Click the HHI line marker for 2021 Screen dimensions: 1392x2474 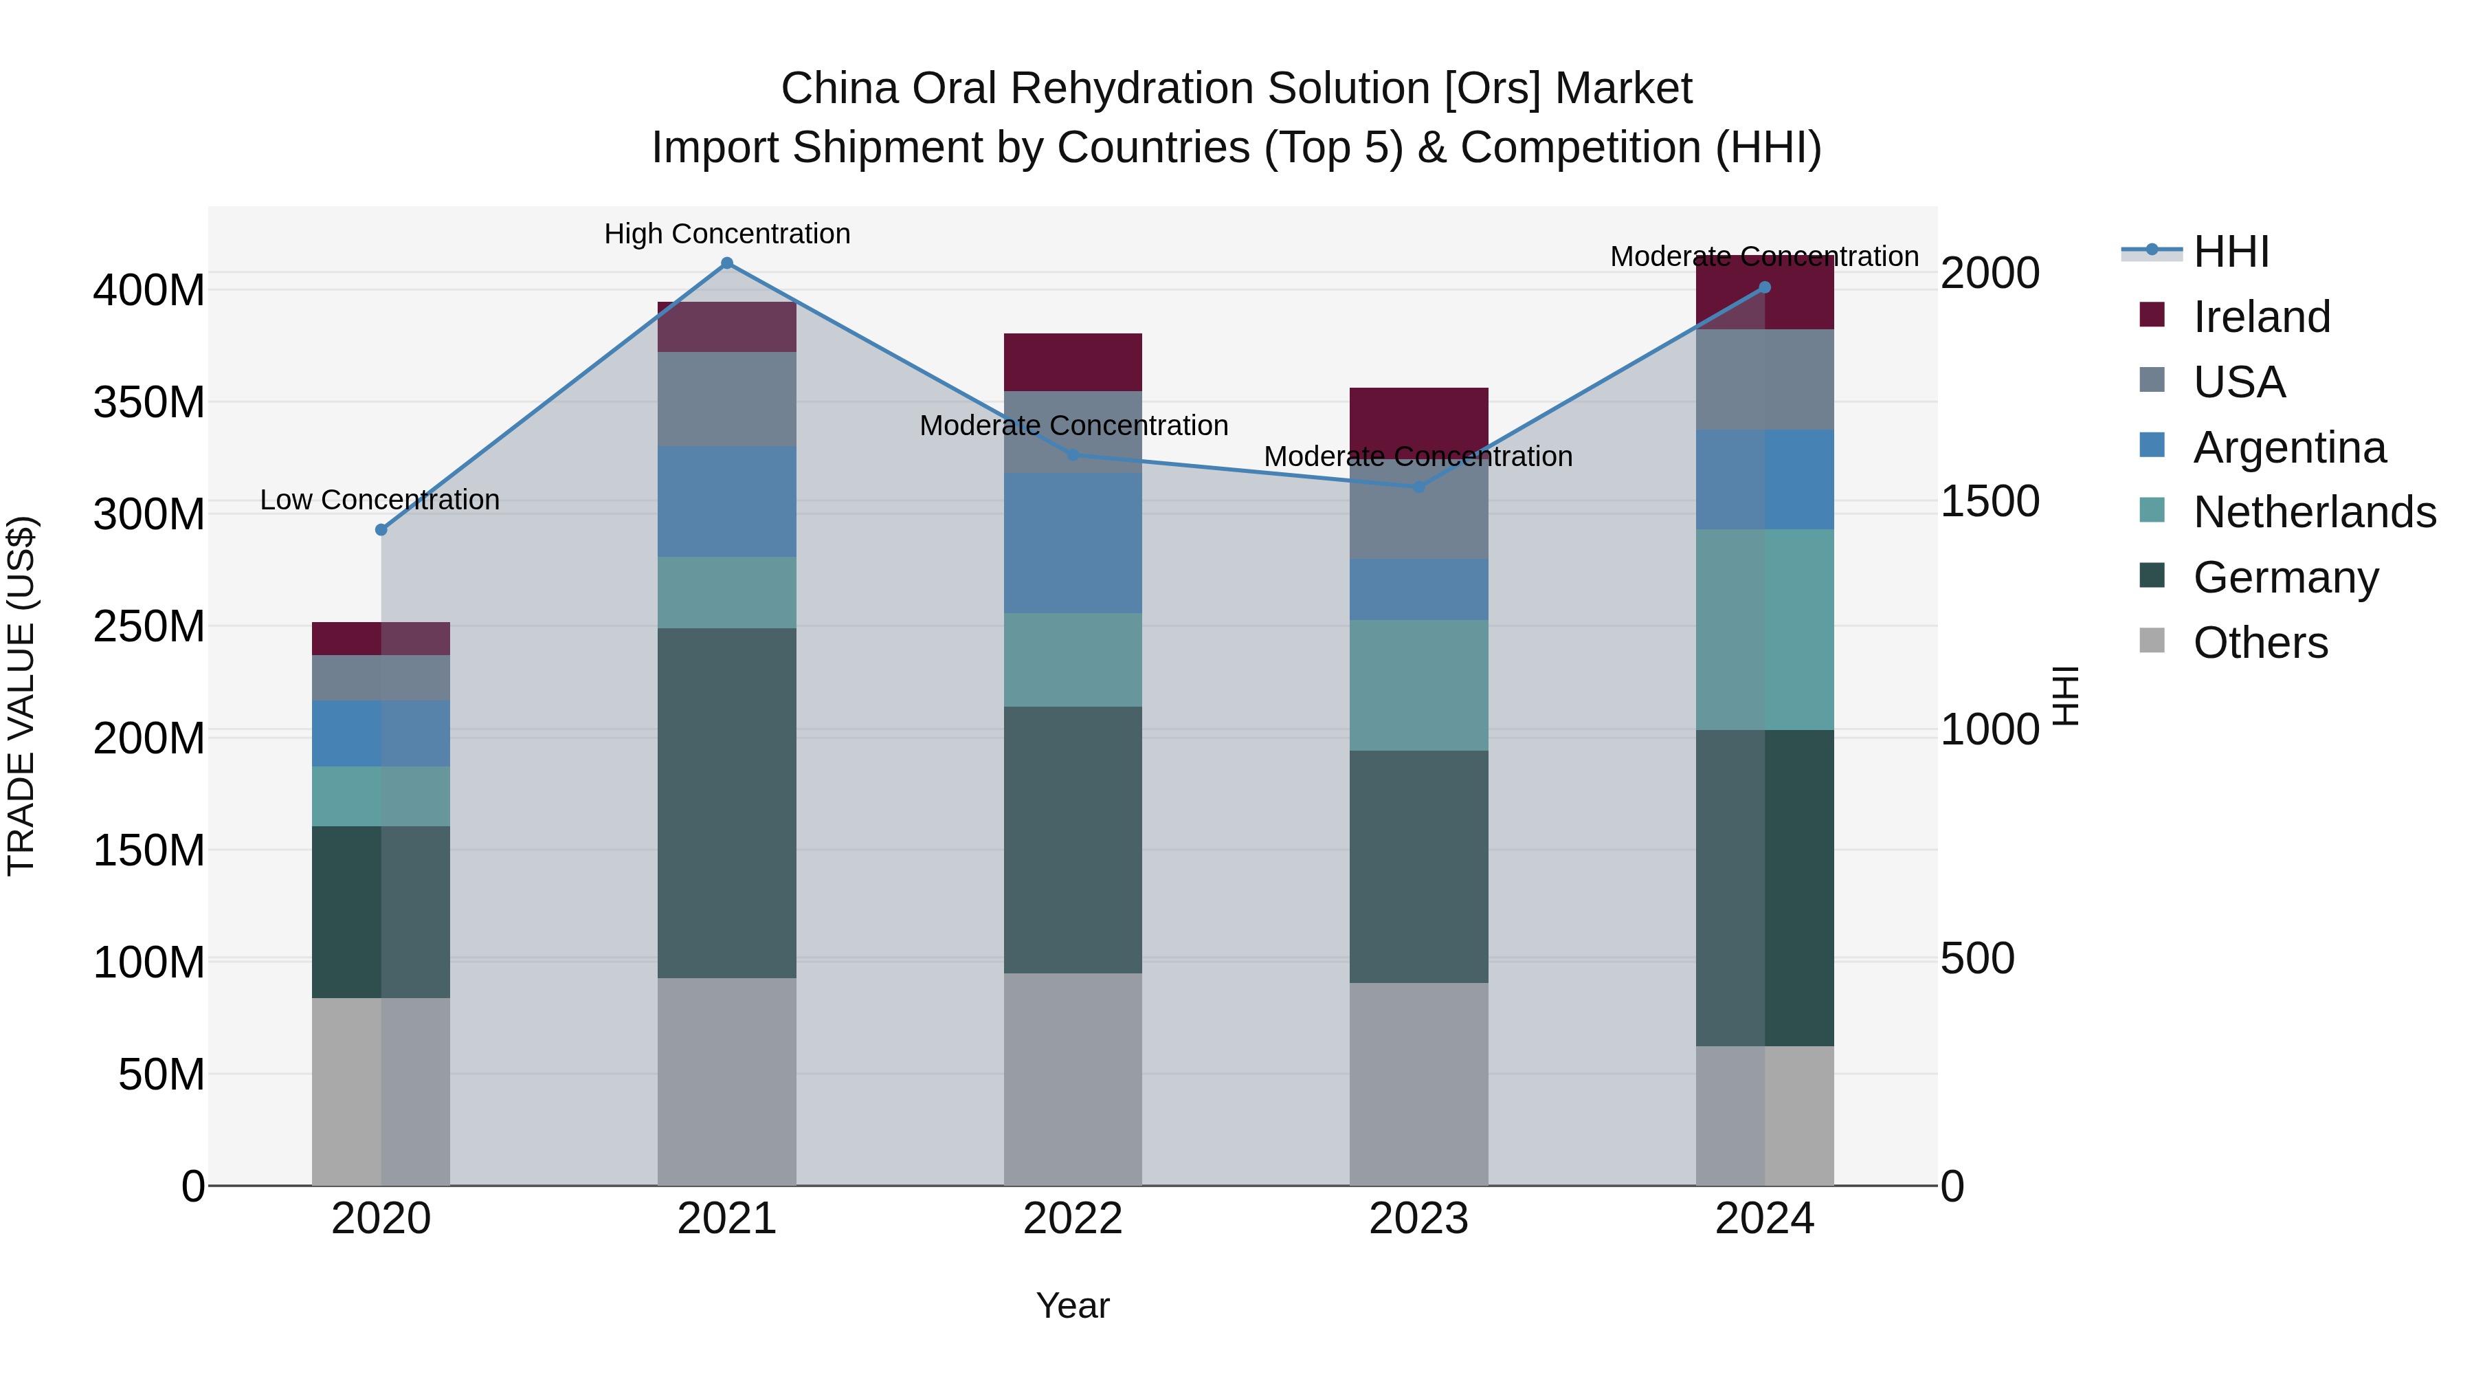click(x=727, y=263)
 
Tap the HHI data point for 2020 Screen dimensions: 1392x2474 click(x=381, y=529)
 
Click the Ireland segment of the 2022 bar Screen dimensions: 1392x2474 click(x=1073, y=362)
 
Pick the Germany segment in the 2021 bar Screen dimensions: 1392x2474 click(x=727, y=802)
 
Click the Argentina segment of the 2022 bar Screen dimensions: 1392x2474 click(x=1073, y=543)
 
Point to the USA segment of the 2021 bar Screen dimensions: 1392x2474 click(x=727, y=399)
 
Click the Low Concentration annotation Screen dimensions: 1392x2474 click(x=380, y=500)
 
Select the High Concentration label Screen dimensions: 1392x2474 click(x=727, y=234)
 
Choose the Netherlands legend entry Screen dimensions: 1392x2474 click(x=2315, y=512)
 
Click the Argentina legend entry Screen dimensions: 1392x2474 click(x=2290, y=448)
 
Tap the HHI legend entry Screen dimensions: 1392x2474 click(x=2231, y=252)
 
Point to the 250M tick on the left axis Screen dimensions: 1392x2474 click(x=149, y=626)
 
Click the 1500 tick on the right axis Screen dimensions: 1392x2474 click(x=1990, y=502)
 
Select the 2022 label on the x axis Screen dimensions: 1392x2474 click(x=1073, y=1219)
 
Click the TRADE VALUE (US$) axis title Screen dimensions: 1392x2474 click(x=22, y=696)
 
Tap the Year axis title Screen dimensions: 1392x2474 click(x=1073, y=1305)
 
